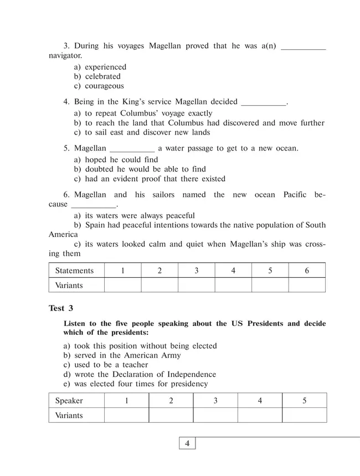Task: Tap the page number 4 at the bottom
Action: [x=187, y=443]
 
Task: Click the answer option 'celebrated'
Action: [x=102, y=76]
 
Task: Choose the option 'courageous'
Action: [x=104, y=86]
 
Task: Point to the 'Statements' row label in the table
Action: [x=75, y=271]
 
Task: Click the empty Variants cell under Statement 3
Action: [x=196, y=285]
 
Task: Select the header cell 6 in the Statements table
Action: [x=306, y=271]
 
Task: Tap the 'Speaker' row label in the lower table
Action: [x=69, y=401]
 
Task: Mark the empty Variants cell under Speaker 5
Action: [x=304, y=415]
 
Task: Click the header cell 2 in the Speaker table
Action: [x=171, y=401]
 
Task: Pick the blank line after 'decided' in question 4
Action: [x=264, y=103]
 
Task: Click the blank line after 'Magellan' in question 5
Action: [x=132, y=149]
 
